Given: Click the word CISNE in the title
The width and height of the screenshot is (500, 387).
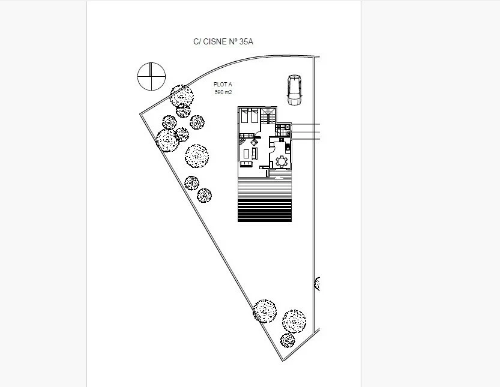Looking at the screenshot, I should [215, 41].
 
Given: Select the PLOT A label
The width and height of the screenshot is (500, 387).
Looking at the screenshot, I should [223, 85].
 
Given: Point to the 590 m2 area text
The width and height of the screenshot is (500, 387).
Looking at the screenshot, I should [223, 92].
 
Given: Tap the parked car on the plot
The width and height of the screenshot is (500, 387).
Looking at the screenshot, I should [294, 89].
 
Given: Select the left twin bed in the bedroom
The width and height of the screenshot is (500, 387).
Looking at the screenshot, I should [245, 117].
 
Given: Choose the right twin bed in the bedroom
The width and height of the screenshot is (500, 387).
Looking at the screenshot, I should [255, 117].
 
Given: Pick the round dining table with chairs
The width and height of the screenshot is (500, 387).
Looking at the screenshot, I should [281, 161].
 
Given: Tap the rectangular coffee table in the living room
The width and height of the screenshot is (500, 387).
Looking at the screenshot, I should [253, 154].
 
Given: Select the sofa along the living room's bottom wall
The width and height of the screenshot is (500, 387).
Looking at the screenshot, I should [246, 164].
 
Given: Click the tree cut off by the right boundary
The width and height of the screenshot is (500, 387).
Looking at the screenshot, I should [317, 283].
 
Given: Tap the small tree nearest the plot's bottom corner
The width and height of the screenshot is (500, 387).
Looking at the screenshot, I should [288, 340].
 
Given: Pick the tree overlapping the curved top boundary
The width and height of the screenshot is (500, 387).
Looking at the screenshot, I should [181, 95].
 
